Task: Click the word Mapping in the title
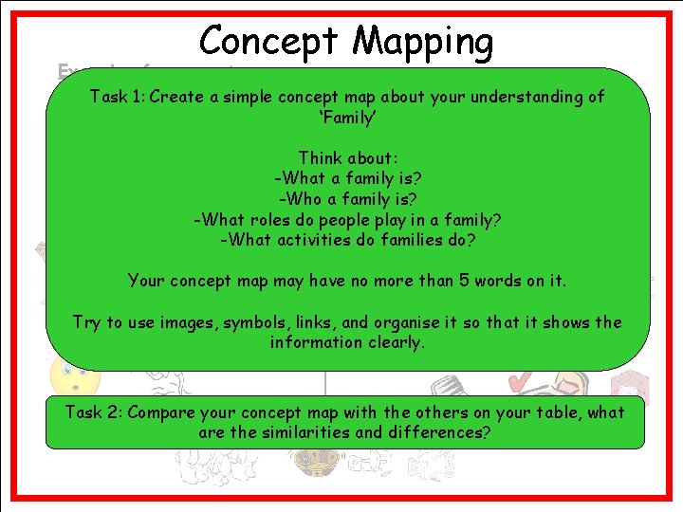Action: (x=423, y=42)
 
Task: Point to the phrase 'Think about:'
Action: (x=347, y=158)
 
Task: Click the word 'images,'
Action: (x=185, y=322)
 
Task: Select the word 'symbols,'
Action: (x=257, y=322)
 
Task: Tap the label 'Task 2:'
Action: (x=93, y=412)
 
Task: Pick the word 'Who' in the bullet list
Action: (x=304, y=199)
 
